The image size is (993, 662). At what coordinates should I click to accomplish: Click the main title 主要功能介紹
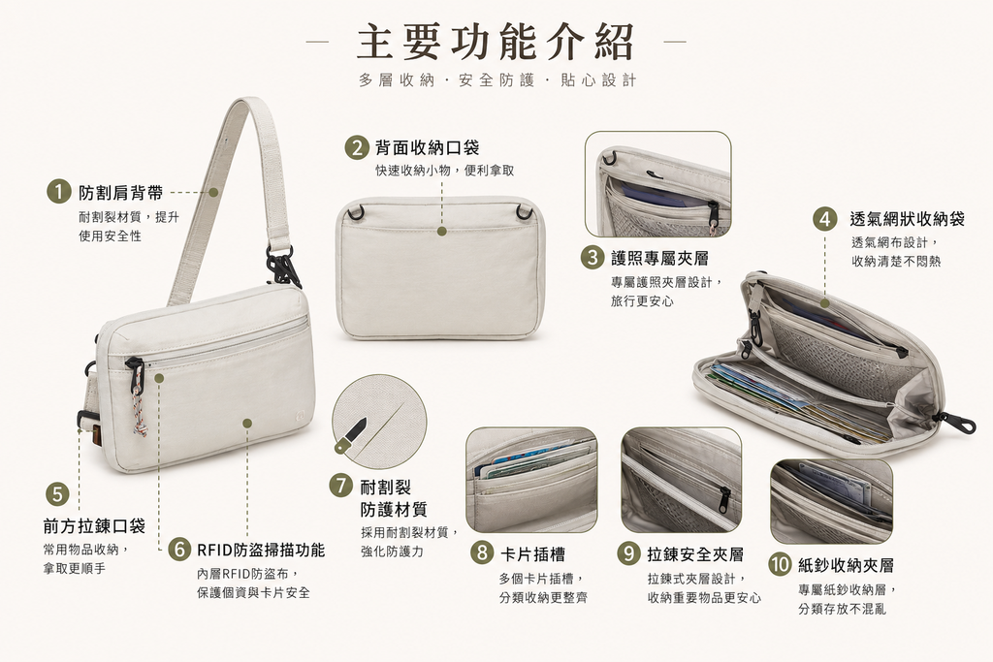(496, 42)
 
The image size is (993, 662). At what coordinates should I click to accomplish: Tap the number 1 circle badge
(58, 192)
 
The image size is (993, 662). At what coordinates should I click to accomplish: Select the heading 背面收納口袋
(428, 148)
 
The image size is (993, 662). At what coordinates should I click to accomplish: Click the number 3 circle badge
(593, 258)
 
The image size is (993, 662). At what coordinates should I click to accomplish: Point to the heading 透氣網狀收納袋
(907, 219)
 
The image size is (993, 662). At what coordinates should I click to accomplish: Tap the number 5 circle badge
(57, 493)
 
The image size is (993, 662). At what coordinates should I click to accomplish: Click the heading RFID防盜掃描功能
(261, 550)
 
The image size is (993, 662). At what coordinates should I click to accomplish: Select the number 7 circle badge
(340, 486)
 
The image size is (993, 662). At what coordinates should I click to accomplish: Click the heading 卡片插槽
(532, 554)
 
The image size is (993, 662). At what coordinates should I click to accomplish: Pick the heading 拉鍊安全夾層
(695, 554)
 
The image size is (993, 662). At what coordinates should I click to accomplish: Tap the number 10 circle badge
(781, 564)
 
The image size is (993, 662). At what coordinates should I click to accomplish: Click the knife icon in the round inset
(351, 435)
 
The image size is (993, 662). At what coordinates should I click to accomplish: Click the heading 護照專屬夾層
(659, 258)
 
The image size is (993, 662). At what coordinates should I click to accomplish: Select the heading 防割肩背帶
(120, 193)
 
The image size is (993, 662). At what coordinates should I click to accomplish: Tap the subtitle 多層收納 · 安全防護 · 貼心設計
(497, 80)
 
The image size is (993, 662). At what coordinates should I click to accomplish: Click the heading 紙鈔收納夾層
(846, 565)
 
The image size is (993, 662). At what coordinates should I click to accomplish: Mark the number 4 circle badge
(824, 219)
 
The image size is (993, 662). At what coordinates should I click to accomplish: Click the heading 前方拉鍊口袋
(94, 526)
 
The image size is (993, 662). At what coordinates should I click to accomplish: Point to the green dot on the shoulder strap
(213, 193)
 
